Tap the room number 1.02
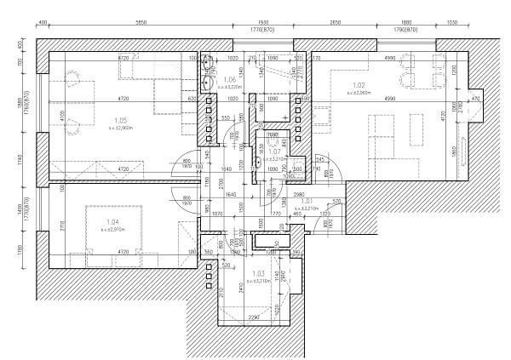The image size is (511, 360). tap(359, 85)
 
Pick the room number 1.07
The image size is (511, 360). tap(275, 151)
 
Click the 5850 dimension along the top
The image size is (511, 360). tap(141, 22)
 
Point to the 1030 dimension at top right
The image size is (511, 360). tap(451, 22)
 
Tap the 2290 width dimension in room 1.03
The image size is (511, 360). tap(253, 317)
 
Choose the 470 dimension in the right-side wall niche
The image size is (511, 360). tap(475, 99)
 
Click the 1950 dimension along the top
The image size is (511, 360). tap(262, 22)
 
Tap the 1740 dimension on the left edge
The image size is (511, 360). tap(20, 159)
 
